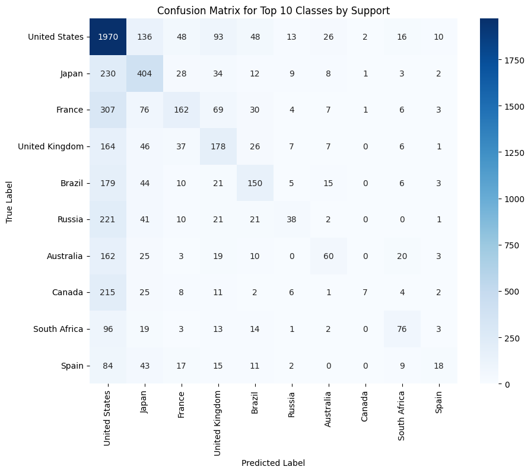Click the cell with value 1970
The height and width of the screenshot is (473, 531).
point(108,37)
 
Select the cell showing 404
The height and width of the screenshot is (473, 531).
point(145,74)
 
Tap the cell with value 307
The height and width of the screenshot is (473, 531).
point(108,110)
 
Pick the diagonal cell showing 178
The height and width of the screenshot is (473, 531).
point(218,147)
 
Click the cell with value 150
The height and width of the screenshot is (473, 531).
point(255,183)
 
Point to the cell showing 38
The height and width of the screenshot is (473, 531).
point(292,220)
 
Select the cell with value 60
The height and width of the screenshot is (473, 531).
point(329,256)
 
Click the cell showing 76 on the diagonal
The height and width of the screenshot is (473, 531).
point(402,329)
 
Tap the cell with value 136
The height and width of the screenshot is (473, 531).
point(145,37)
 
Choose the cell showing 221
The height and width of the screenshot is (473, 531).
point(108,220)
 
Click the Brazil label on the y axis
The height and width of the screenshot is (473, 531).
point(69,183)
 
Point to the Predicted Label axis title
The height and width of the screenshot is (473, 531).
point(274,463)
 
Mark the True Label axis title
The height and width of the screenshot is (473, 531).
point(9,202)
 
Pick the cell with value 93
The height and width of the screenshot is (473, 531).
point(218,37)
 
